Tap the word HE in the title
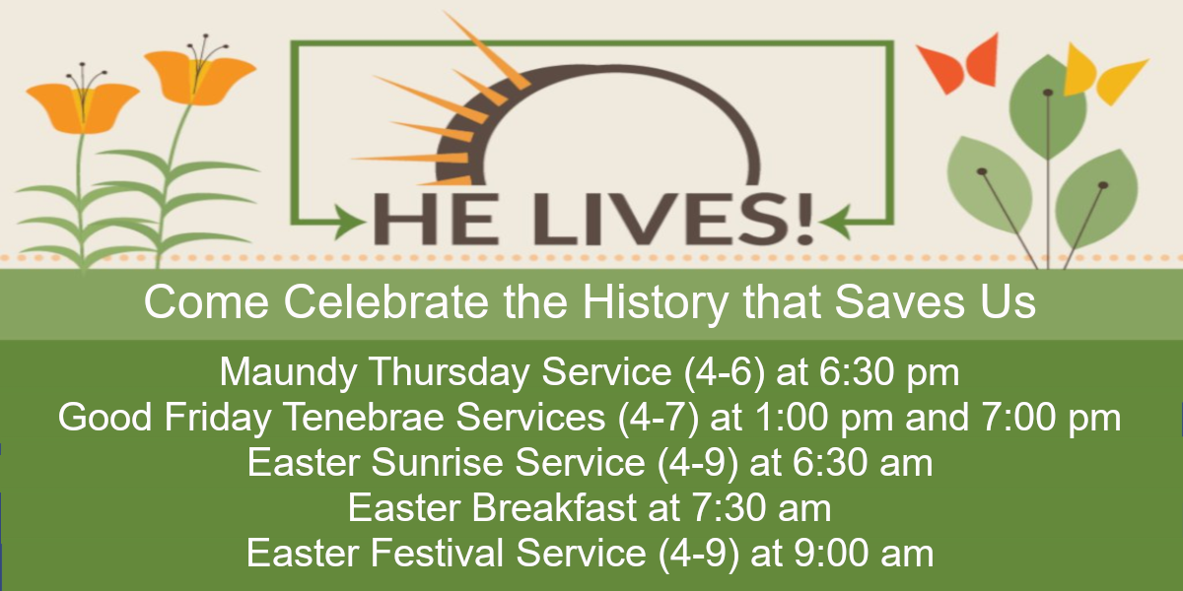click(x=436, y=219)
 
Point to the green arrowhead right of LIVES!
click(x=835, y=223)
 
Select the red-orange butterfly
click(x=958, y=63)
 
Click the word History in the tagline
click(x=656, y=302)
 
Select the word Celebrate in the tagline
click(x=385, y=302)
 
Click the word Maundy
click(x=288, y=373)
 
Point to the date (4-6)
click(x=724, y=372)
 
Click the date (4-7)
click(x=659, y=418)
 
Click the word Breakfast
click(x=554, y=508)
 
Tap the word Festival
click(x=437, y=554)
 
